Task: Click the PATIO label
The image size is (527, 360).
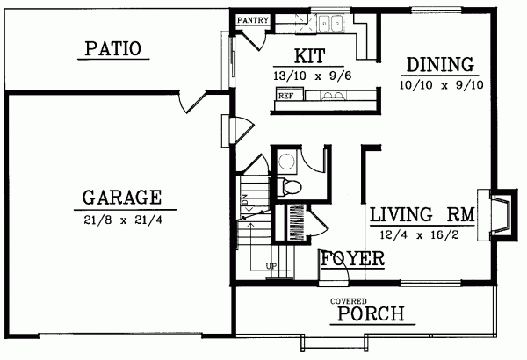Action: pos(112,48)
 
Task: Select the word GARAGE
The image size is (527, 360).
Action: pos(121,196)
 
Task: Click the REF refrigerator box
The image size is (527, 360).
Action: pos(285,94)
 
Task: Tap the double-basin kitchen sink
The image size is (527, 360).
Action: pos(331,24)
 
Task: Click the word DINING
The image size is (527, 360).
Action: pos(439,65)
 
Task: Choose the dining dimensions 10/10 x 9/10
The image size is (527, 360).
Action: pos(439,84)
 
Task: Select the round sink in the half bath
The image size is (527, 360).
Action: pos(287,161)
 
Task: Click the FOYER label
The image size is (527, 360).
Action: pos(352,259)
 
